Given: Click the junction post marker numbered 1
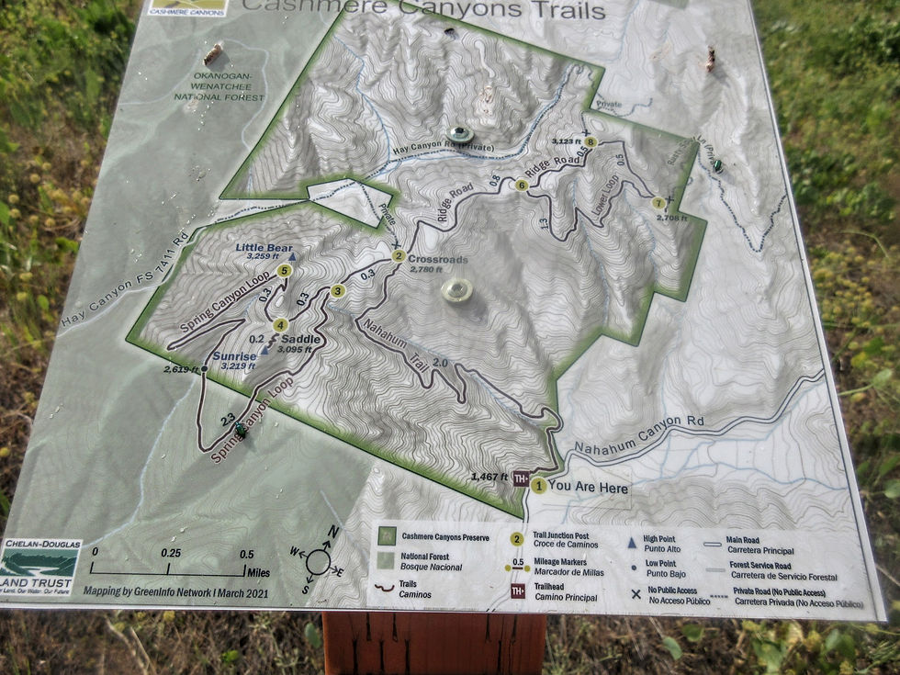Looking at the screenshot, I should pyautogui.click(x=538, y=486).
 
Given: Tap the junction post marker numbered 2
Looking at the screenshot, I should pyautogui.click(x=398, y=256).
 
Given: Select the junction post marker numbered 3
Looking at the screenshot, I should pyautogui.click(x=337, y=291).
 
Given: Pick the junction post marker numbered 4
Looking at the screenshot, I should pyautogui.click(x=280, y=324).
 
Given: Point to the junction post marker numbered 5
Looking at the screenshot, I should pyautogui.click(x=285, y=271).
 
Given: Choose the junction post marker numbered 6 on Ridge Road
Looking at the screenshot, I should pyautogui.click(x=522, y=186).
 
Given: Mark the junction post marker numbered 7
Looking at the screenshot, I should pyautogui.click(x=658, y=203).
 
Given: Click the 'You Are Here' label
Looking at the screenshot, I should pyautogui.click(x=588, y=487).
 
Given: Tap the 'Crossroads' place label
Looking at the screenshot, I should pyautogui.click(x=437, y=259).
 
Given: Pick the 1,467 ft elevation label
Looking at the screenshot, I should pyautogui.click(x=489, y=477).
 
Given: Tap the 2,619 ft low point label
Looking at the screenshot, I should pyautogui.click(x=181, y=369).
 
